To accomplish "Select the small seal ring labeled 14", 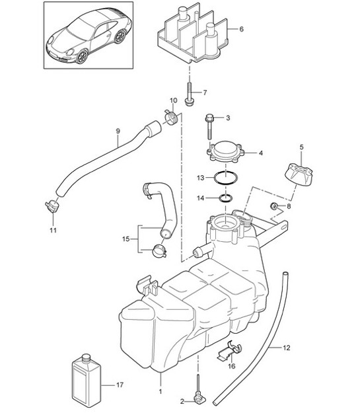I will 225,198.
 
